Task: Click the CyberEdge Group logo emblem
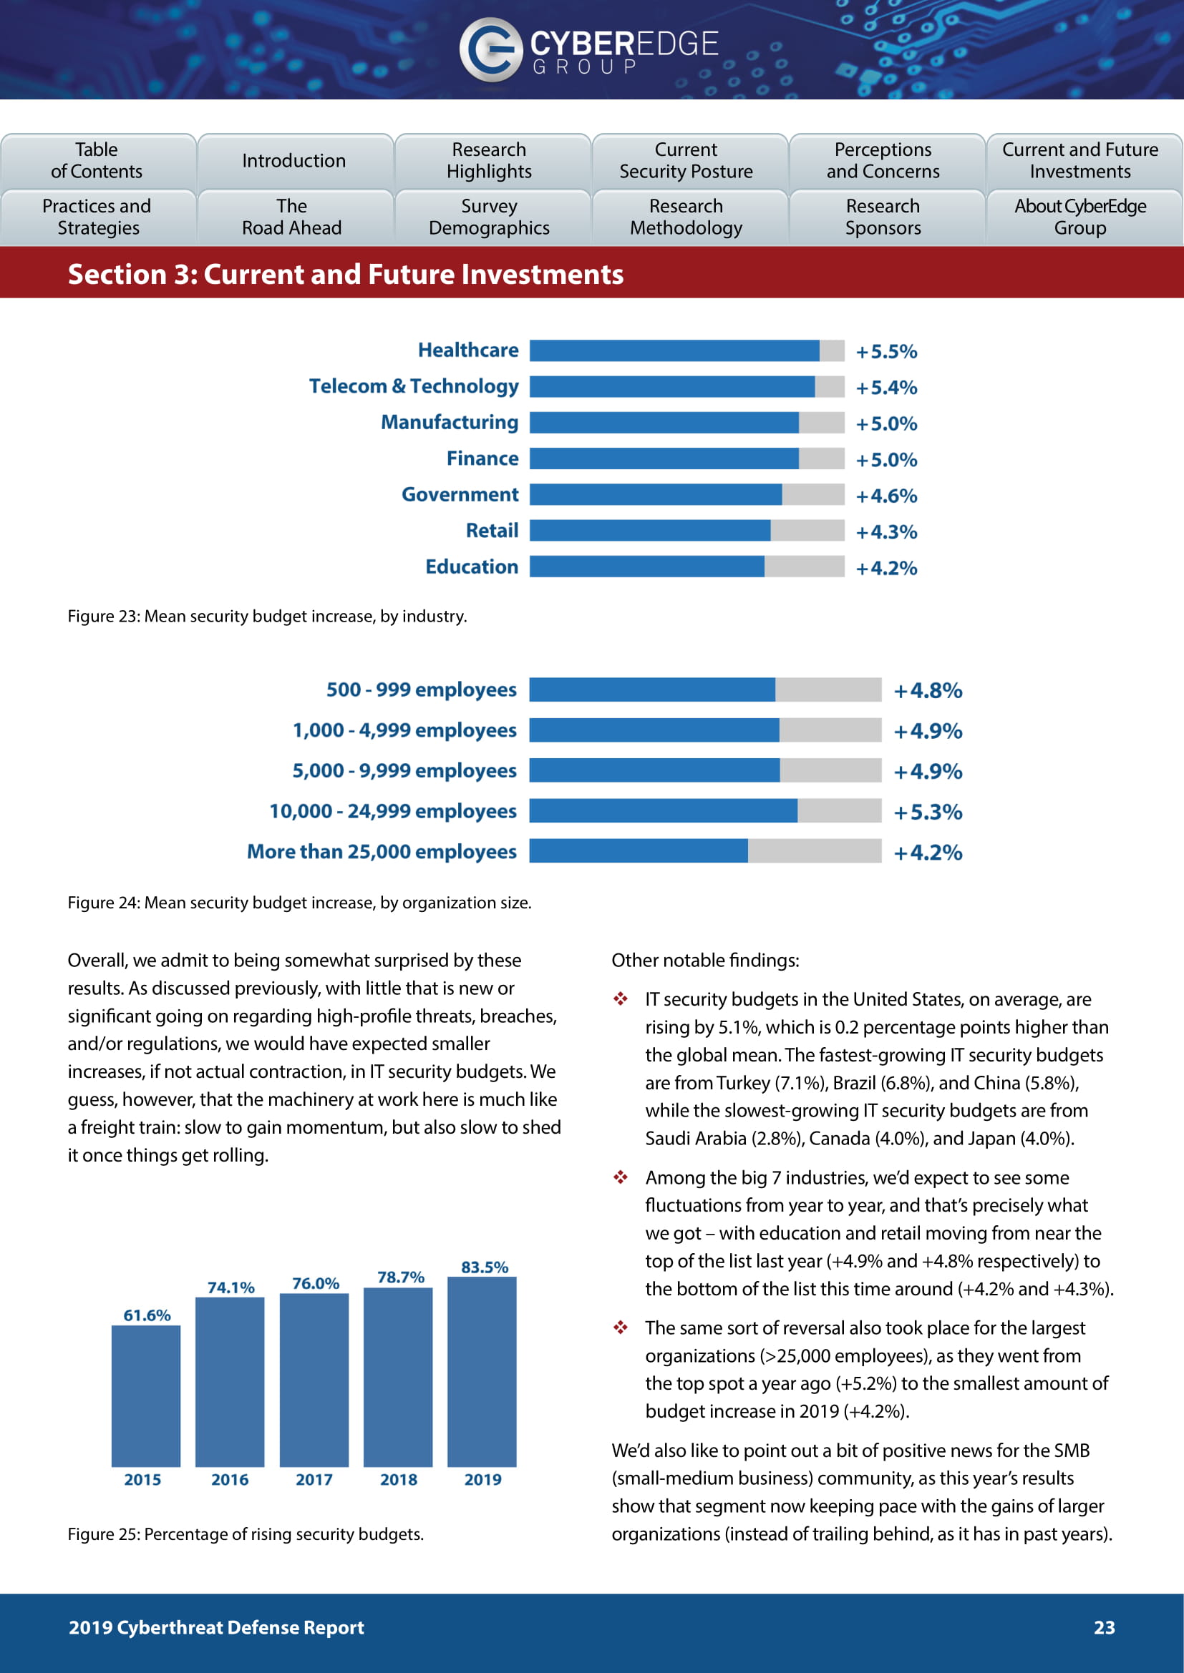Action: (x=490, y=49)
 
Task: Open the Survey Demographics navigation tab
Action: (x=489, y=217)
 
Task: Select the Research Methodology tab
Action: (x=686, y=217)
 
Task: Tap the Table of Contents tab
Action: (x=97, y=160)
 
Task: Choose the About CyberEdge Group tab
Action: (x=1079, y=217)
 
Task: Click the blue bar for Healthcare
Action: (x=674, y=350)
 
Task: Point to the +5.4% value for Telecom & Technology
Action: (x=885, y=387)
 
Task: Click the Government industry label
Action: (x=460, y=495)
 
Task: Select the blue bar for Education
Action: (x=646, y=566)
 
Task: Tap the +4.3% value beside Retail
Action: (x=885, y=532)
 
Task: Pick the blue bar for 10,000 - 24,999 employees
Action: (x=663, y=811)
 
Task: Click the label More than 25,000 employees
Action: (x=382, y=852)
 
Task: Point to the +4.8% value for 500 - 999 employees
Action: (x=927, y=690)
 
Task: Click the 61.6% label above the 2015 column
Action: (x=147, y=1315)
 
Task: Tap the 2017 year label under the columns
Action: (x=314, y=1480)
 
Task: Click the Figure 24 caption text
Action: (x=300, y=903)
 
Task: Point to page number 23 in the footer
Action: (x=1104, y=1628)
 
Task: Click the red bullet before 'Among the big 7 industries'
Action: (x=621, y=1177)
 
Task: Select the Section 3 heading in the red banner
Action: (x=346, y=275)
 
